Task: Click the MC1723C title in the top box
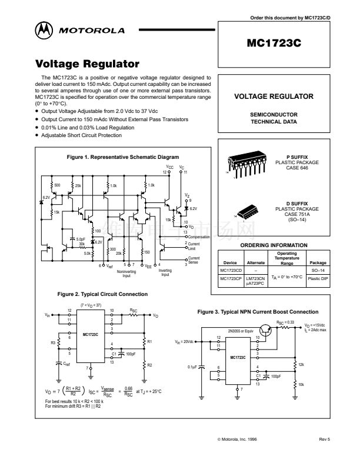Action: point(274,44)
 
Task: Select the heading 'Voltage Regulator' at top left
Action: point(87,64)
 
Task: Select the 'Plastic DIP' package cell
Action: point(318,277)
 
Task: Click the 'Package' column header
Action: point(318,263)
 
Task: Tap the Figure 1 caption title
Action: point(123,157)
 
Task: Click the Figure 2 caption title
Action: point(102,294)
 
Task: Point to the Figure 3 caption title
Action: point(258,311)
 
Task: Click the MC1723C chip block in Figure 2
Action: point(91,334)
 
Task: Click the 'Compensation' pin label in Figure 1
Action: point(199,237)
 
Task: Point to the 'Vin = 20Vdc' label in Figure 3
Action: point(185,342)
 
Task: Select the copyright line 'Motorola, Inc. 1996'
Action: point(237,438)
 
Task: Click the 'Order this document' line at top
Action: point(298,18)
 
